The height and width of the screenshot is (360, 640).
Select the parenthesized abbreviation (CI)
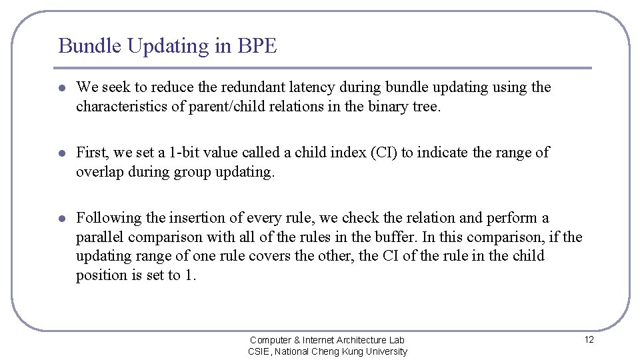(381, 153)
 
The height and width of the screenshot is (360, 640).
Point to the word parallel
(100, 237)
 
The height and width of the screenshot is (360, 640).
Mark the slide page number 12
(589, 339)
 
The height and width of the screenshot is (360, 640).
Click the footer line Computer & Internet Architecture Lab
(327, 340)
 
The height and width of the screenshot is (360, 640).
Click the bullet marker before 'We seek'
(61, 88)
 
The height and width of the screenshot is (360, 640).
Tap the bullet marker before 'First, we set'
(61, 153)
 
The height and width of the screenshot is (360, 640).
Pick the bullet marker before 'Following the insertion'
(61, 219)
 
